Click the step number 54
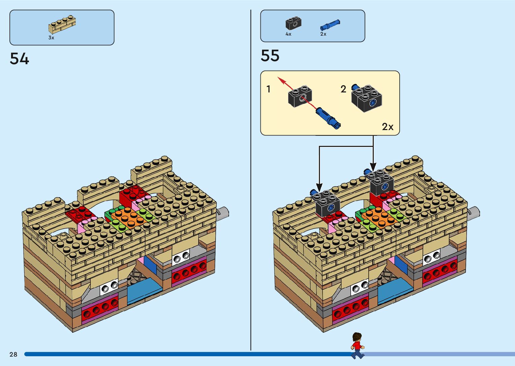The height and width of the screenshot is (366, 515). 20,59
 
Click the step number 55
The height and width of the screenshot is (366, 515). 270,56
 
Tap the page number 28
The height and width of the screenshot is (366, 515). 13,354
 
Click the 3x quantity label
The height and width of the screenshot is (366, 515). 51,38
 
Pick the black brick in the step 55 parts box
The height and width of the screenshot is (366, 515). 293,24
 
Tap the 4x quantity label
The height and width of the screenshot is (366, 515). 288,34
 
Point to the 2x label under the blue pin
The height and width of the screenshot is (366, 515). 323,34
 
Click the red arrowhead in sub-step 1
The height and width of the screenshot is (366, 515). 280,80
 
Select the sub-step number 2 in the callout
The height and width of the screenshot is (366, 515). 343,89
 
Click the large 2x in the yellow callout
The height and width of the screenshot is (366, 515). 388,127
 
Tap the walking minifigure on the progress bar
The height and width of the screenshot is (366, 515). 357,345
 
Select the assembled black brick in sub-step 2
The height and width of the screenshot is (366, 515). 367,98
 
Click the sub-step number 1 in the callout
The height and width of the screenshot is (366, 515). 268,89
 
